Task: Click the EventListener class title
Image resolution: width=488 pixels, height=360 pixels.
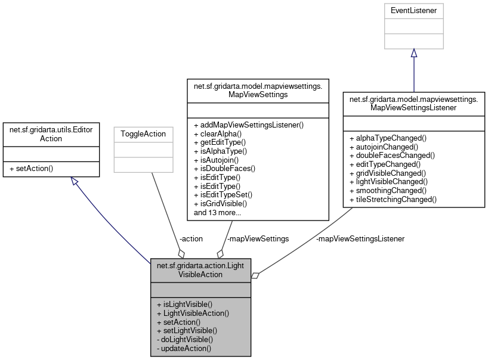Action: pyautogui.click(x=413, y=10)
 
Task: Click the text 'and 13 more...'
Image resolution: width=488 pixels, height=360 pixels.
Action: pyautogui.click(x=218, y=212)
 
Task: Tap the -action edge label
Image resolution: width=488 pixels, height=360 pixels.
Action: pyautogui.click(x=190, y=238)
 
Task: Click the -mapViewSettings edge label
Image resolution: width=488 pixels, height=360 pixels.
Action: pyautogui.click(x=258, y=238)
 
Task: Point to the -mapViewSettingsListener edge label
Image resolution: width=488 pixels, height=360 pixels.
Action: pyautogui.click(x=360, y=238)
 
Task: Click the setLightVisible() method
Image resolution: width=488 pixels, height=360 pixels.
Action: pyautogui.click(x=187, y=330)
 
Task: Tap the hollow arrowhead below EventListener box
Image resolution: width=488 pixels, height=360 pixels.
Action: pyautogui.click(x=413, y=54)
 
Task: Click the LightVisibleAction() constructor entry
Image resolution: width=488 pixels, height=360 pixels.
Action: pyautogui.click(x=193, y=313)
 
